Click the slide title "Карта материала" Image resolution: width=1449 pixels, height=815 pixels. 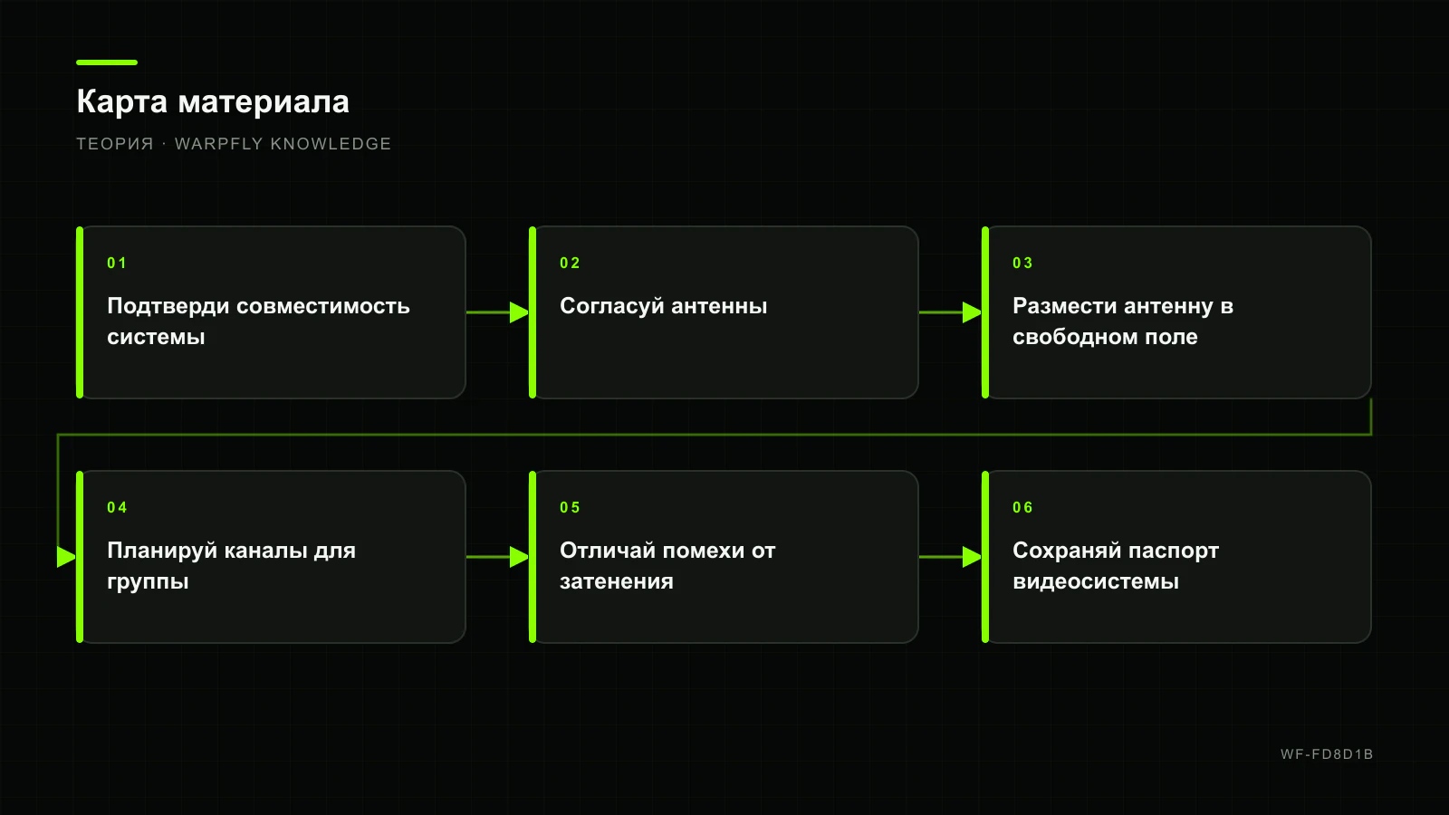coord(213,101)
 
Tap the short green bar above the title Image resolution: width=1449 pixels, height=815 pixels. coord(107,62)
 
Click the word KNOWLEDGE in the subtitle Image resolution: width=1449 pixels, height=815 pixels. coord(331,144)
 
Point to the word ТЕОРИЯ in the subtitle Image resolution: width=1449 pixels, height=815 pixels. coord(115,144)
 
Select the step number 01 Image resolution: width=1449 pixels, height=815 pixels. coord(117,263)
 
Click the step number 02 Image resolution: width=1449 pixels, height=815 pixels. coord(570,263)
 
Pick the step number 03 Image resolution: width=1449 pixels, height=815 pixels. coord(1022,263)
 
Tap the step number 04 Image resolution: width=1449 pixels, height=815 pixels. coord(117,507)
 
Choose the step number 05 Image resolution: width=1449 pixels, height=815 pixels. coord(570,507)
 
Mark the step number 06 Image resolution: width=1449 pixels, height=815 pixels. coord(1022,507)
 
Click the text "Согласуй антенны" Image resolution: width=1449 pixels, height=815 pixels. coord(664,306)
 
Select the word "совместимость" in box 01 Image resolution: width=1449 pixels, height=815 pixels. coord(322,306)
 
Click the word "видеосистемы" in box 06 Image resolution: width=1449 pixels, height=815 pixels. coord(1096,581)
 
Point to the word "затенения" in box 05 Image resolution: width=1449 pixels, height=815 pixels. coord(617,581)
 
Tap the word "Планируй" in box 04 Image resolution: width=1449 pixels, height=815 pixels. coord(162,551)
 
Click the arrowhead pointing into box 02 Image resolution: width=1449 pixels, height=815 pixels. coord(520,312)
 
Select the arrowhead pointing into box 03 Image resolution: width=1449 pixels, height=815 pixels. coord(973,312)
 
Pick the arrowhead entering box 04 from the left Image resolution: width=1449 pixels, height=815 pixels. coord(67,557)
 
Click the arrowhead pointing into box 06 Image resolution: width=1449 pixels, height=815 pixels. coord(973,557)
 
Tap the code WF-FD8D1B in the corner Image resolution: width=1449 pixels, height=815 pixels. coord(1327,754)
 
